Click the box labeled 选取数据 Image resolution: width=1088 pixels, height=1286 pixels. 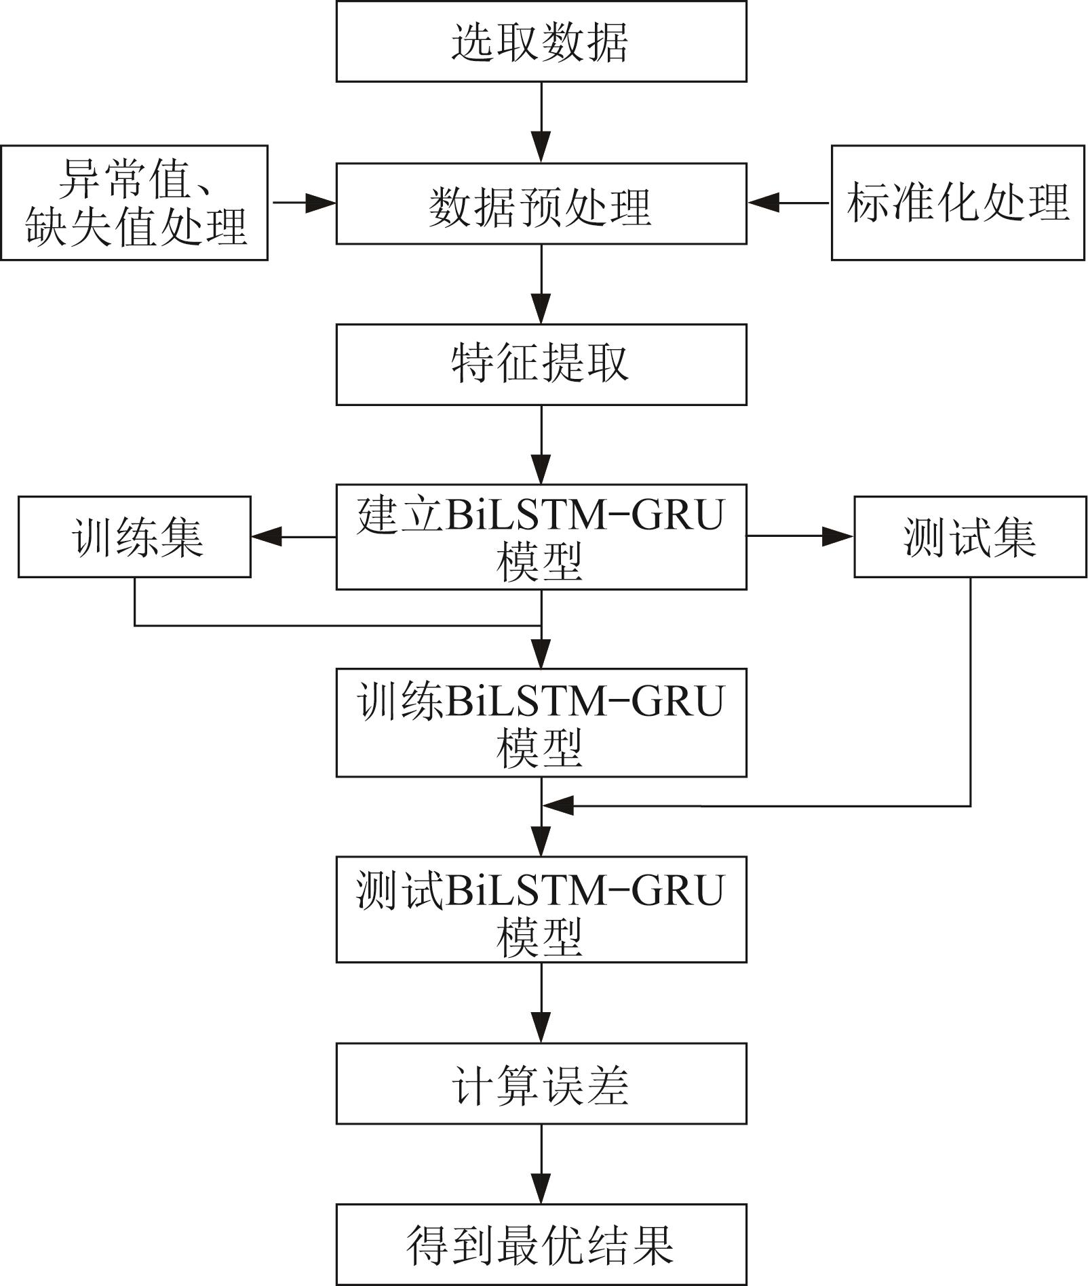coord(541,41)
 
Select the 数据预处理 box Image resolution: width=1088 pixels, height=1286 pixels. coord(541,203)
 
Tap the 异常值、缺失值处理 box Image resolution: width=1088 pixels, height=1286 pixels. coord(134,203)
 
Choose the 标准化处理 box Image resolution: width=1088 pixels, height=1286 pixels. coord(958,203)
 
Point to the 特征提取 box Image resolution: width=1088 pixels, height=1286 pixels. coord(541,365)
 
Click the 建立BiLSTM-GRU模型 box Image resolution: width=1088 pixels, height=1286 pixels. coord(541,537)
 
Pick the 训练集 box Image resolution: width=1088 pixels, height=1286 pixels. coord(134,537)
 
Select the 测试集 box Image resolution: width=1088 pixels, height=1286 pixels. coord(970,537)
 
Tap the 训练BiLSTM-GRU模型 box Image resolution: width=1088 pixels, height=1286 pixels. coord(541,723)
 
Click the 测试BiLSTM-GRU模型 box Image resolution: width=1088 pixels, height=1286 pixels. coord(541,910)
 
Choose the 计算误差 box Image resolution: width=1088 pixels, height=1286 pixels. coord(541,1084)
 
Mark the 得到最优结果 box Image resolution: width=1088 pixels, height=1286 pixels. coord(541,1245)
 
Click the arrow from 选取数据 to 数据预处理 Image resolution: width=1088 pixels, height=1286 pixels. coord(541,122)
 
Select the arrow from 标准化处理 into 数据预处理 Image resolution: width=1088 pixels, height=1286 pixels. coord(789,202)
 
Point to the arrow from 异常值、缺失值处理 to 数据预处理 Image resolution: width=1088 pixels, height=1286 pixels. coord(303,202)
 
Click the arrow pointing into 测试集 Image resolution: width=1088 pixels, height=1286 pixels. coord(800,537)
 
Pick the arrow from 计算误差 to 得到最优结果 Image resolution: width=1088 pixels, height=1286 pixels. coord(541,1164)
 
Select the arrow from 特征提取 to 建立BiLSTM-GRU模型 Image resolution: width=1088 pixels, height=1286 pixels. coord(541,445)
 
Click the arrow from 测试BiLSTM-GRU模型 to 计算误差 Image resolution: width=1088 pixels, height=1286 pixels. coord(541,1003)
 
